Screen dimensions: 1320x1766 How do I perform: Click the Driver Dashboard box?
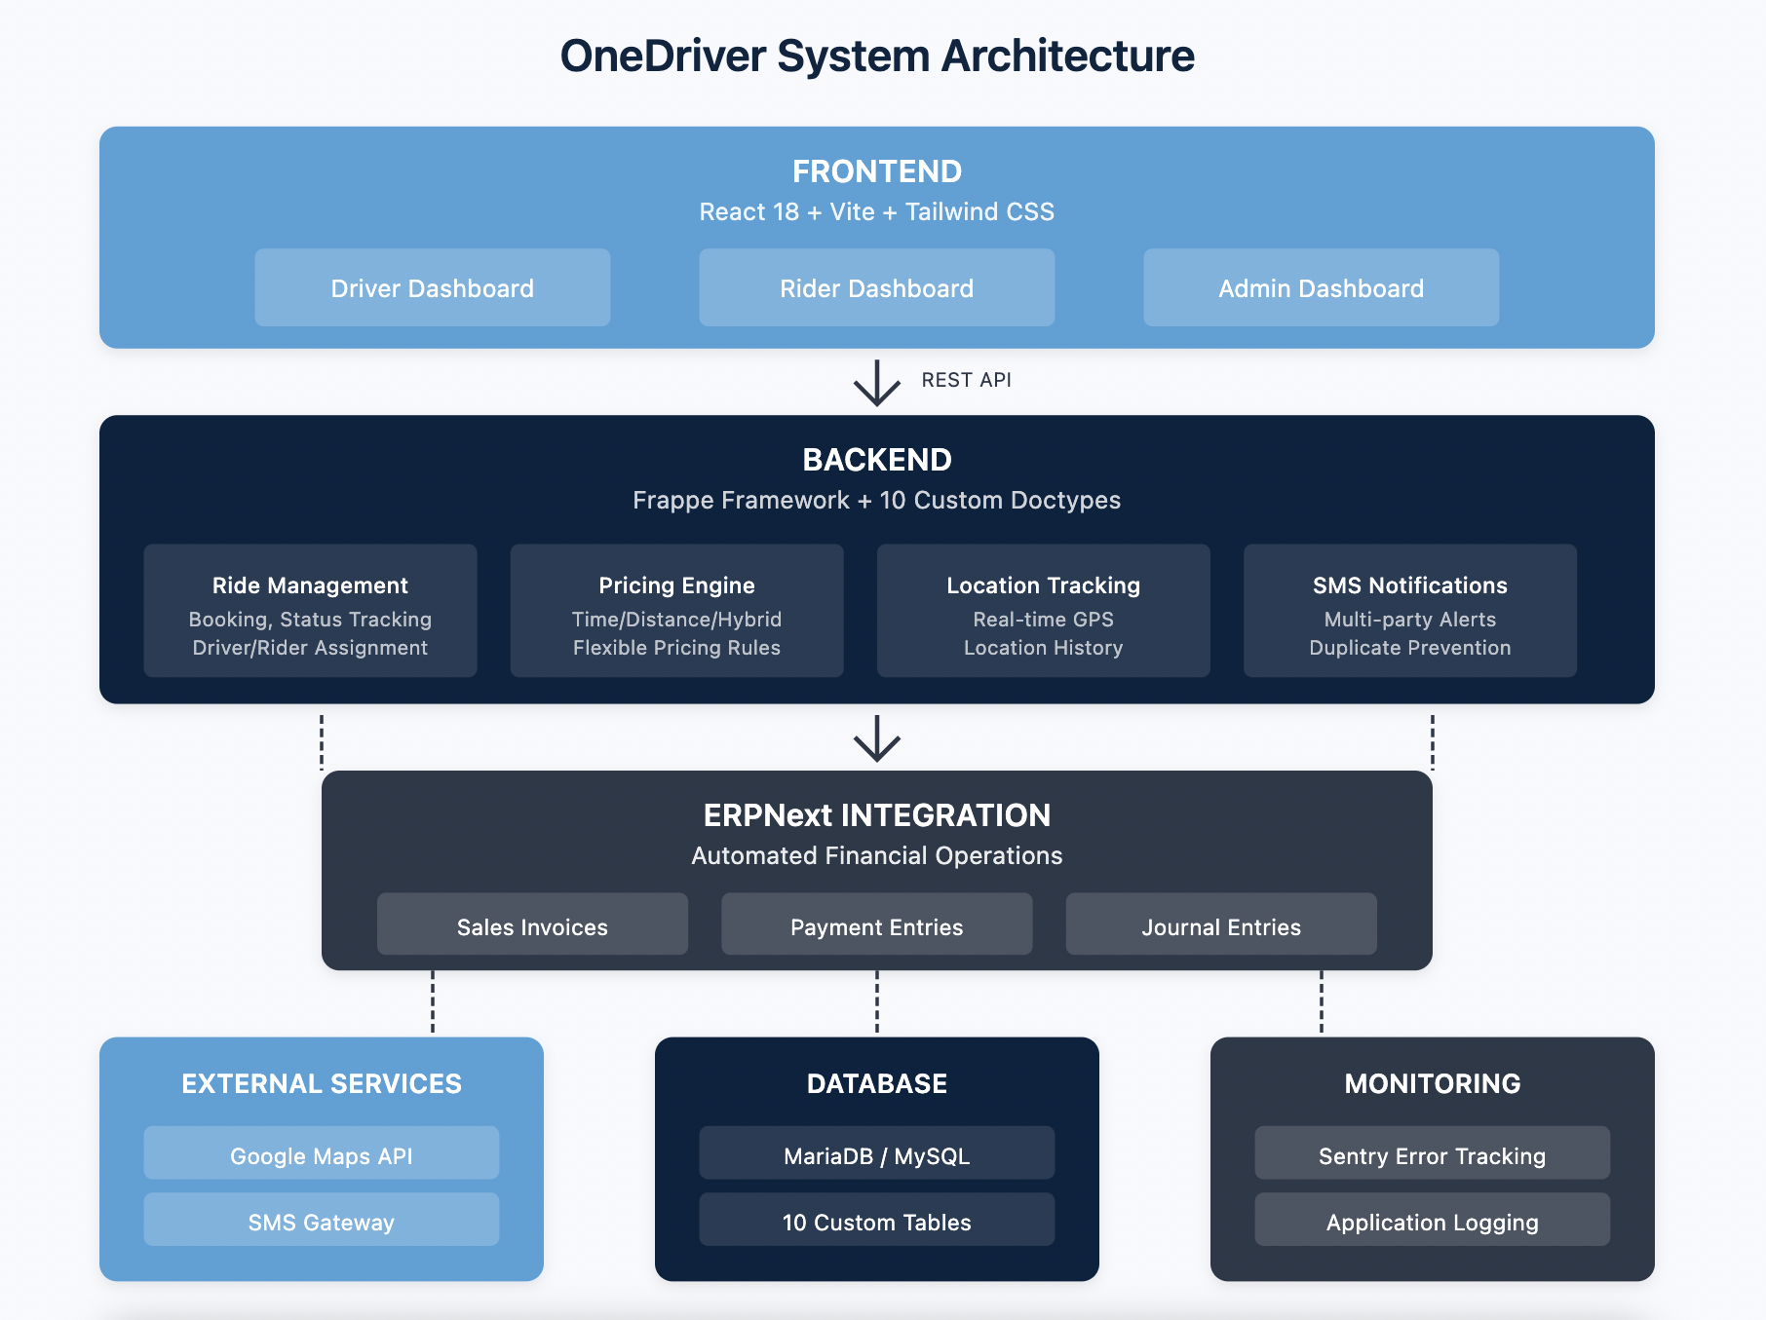432,287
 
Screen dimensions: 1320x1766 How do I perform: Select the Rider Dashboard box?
876,287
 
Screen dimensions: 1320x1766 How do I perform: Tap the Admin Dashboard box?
1321,287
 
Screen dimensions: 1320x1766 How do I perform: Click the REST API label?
966,380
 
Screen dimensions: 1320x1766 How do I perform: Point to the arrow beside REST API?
876,383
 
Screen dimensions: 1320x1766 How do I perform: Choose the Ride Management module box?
310,611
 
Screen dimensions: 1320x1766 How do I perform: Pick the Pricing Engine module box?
676,611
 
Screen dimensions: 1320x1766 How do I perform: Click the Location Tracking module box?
1043,611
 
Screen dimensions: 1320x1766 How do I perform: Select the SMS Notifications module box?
1409,611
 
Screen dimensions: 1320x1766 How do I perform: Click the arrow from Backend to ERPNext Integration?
876,738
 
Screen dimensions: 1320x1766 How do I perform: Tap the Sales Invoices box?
532,924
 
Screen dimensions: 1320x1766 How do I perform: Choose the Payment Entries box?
876,924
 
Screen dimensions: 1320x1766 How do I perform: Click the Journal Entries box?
1220,924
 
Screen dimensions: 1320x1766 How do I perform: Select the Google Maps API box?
321,1153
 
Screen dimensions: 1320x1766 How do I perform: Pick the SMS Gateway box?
321,1220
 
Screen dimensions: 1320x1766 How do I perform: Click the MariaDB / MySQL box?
876,1153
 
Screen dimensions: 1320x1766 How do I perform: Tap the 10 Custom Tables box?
876,1220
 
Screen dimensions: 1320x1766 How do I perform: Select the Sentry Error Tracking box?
1432,1153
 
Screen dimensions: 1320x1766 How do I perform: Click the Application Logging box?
1432,1220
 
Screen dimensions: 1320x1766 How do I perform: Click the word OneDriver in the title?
663,57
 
